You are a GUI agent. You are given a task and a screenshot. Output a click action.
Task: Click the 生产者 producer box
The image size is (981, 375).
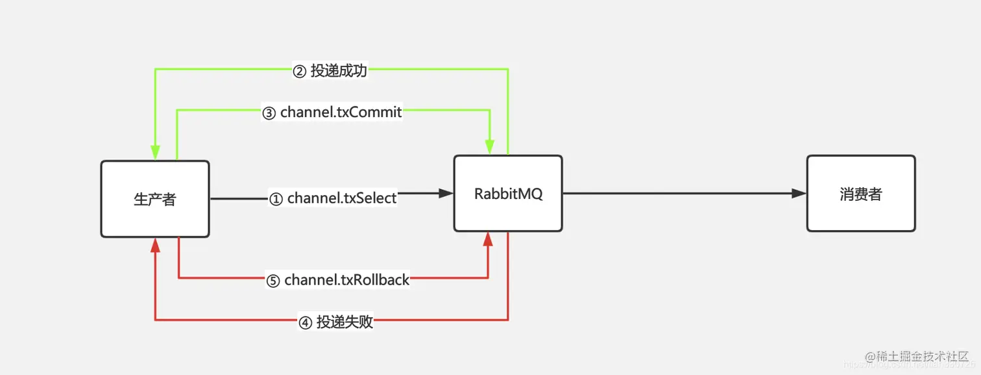click(155, 199)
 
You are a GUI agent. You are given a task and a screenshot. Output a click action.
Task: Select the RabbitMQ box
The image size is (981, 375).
click(508, 194)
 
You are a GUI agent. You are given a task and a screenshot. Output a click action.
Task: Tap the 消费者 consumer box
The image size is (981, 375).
click(861, 194)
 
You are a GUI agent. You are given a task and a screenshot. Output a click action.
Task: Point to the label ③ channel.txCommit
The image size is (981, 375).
click(332, 112)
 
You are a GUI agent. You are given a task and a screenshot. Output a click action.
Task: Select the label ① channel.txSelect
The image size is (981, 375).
click(333, 198)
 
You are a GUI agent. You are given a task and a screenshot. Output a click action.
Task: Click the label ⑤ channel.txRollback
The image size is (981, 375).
click(338, 280)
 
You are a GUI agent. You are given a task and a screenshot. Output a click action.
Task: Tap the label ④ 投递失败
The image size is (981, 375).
click(336, 322)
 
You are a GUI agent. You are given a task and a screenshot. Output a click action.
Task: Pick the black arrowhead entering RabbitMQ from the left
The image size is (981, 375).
click(446, 193)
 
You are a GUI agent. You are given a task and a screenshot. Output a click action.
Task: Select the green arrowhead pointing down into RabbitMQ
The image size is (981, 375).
click(490, 148)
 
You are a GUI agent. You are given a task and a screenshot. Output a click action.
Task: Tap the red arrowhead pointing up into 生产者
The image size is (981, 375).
click(155, 245)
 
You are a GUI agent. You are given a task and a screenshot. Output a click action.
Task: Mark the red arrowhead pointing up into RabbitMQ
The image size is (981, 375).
click(489, 239)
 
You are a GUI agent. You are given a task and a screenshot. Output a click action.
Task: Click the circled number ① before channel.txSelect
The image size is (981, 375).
click(276, 199)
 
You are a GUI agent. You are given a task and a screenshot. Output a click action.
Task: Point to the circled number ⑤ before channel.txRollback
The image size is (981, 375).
click(273, 281)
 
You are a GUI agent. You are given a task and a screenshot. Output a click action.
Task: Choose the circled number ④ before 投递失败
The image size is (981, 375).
click(305, 322)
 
